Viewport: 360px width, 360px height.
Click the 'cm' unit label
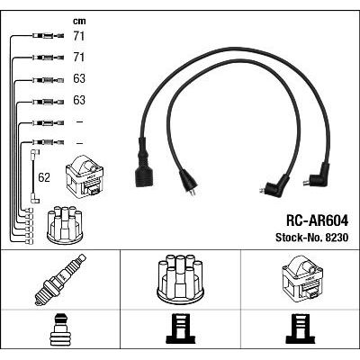79,22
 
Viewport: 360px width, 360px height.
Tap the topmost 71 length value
79,36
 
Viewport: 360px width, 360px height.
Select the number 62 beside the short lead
44,177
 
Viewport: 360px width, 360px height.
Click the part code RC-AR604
317,220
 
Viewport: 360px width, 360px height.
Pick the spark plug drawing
60,280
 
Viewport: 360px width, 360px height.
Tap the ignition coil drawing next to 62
85,175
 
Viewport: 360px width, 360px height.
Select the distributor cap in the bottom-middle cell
180,278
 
